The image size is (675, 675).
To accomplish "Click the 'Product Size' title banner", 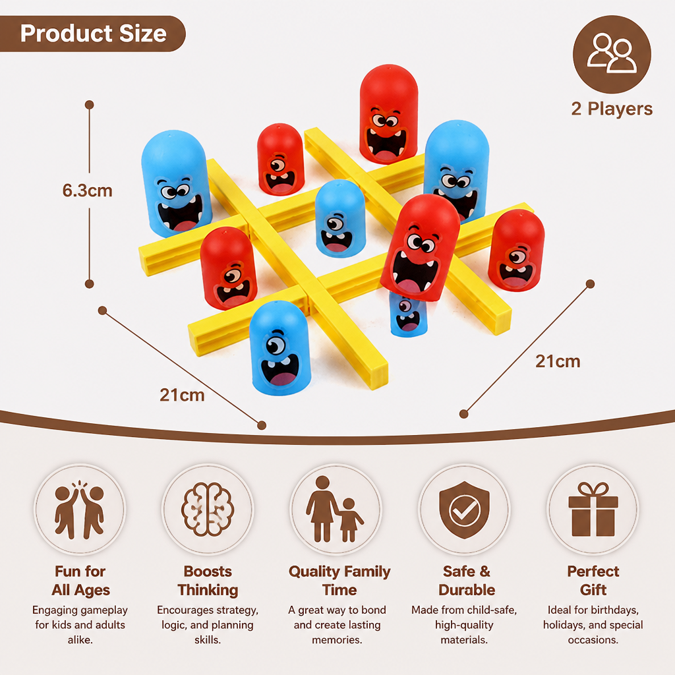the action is click(x=92, y=34).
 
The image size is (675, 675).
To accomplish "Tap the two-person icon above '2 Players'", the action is click(x=612, y=54).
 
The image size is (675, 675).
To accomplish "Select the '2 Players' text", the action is click(x=612, y=109).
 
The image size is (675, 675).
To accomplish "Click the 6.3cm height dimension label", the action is click(x=88, y=191).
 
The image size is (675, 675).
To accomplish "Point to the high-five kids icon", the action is click(x=80, y=510).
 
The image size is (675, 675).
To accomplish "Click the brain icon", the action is click(x=208, y=510).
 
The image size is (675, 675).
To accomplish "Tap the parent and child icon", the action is click(x=335, y=510).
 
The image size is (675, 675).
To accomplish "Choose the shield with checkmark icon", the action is click(x=465, y=510).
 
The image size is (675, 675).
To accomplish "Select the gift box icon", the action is click(x=593, y=510).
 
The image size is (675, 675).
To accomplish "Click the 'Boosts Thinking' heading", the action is click(x=208, y=580).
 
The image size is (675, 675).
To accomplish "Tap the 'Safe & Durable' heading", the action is click(x=467, y=580).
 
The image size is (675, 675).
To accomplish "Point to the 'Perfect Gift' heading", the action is click(x=593, y=580).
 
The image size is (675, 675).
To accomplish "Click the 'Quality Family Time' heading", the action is click(x=339, y=580).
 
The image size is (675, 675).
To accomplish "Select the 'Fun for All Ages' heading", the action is click(x=80, y=580).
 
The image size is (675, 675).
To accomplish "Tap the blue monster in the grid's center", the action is click(x=340, y=218).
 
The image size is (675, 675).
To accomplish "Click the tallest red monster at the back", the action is click(x=389, y=113).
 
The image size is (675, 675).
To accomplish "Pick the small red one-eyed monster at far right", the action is click(x=517, y=250).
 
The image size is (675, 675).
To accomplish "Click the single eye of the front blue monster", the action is click(x=275, y=345).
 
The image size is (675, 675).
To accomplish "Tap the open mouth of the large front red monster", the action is click(x=415, y=271).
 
